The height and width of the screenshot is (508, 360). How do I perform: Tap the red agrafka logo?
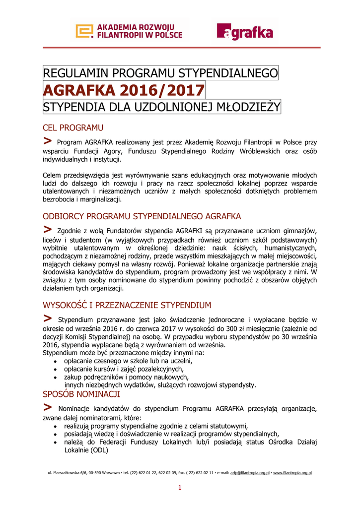pyautogui.click(x=245, y=32)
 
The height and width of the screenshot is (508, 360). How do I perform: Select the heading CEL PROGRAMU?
pyautogui.click(x=73, y=128)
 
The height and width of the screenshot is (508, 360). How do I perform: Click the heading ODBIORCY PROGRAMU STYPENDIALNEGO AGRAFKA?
pyautogui.click(x=142, y=216)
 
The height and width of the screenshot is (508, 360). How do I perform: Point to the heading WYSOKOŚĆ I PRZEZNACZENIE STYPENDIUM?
pyautogui.click(x=127, y=305)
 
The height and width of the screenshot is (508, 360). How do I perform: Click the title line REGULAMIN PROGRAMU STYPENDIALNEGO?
pyautogui.click(x=161, y=73)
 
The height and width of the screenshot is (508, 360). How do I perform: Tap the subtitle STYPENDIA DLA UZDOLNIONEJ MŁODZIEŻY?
pyautogui.click(x=162, y=107)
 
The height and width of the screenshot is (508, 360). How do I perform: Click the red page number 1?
pyautogui.click(x=180, y=488)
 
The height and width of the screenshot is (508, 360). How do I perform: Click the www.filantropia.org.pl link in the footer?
pyautogui.click(x=292, y=473)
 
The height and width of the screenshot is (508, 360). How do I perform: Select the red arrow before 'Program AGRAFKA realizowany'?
pyautogui.click(x=48, y=141)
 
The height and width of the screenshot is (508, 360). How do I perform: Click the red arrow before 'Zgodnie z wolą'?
pyautogui.click(x=48, y=229)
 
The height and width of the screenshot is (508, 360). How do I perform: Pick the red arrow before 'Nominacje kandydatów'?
pyautogui.click(x=48, y=407)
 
